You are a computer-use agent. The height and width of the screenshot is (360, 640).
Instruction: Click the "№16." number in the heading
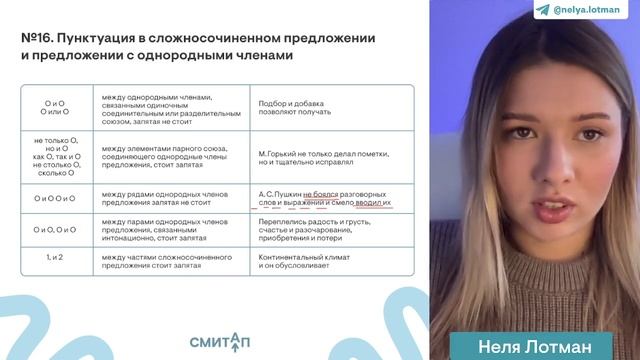38,38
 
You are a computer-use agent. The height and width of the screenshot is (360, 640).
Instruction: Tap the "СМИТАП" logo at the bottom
223,337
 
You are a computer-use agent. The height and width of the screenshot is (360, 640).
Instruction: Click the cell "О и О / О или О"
57,109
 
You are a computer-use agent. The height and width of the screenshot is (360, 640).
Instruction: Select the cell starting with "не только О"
57,156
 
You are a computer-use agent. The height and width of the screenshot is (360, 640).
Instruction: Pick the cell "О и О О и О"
57,198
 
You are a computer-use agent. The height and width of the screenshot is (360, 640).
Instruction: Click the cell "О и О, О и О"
57,230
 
